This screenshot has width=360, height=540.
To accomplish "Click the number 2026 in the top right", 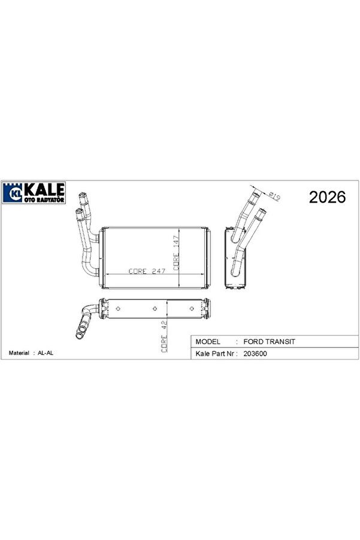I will coord(327,197).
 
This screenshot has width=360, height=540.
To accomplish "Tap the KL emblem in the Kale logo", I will coord(13,193).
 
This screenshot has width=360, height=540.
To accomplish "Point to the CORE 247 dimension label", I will coord(147,271).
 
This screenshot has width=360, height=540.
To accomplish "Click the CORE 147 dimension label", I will coord(177,252).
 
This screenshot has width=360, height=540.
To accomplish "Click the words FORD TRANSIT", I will coord(270,340).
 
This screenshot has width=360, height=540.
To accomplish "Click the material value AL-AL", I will coord(46,354).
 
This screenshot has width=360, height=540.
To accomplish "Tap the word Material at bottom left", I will coord(19,354).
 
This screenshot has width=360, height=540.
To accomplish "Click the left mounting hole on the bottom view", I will coord(119,309).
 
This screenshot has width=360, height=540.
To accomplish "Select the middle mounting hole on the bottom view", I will coord(156,309).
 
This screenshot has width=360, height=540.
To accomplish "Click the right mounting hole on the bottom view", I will coord(191,309).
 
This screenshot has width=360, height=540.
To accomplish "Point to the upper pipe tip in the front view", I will coord(83,197).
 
